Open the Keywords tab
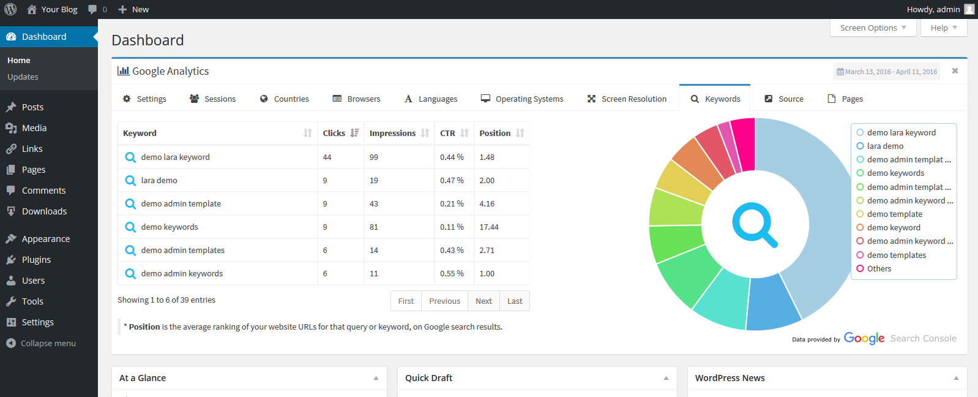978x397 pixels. coord(715,99)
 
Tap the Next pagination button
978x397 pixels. coord(483,301)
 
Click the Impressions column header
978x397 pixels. coord(393,133)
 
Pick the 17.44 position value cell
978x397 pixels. coord(489,227)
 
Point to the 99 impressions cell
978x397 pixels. coord(374,157)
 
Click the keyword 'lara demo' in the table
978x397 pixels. coord(159,181)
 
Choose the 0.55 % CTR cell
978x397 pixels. coord(452,274)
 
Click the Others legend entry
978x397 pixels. coord(879,268)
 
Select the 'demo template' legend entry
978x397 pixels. coord(894,214)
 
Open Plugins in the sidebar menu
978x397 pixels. coord(36,260)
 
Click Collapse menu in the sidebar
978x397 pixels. coord(48,343)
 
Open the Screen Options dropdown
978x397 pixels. coord(873,28)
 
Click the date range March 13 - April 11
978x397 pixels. coord(887,72)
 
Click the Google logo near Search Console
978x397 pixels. coord(864,338)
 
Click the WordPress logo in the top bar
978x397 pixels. coord(10,9)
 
